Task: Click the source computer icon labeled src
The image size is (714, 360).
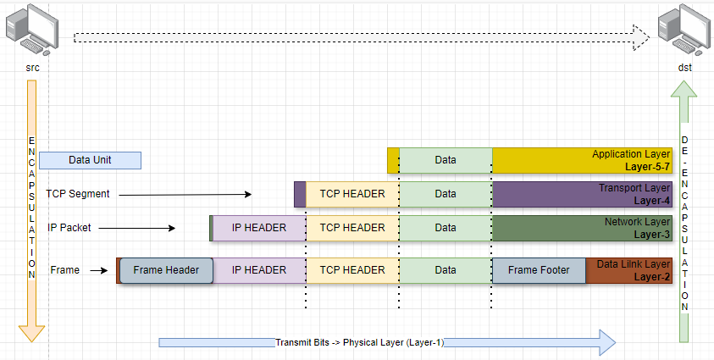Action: click(x=32, y=29)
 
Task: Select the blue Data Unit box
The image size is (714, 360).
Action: click(x=90, y=160)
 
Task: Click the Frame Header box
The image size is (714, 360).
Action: click(x=166, y=270)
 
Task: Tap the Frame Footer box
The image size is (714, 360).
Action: click(x=539, y=270)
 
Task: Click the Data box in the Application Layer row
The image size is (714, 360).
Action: click(x=446, y=160)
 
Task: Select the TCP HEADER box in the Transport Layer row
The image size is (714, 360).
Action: click(x=352, y=194)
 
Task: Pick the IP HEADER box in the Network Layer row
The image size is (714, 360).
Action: click(x=259, y=228)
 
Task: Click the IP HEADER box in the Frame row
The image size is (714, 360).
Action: click(x=259, y=270)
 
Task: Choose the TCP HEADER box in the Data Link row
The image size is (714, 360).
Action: click(x=352, y=270)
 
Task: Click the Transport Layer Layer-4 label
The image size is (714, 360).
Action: click(x=634, y=194)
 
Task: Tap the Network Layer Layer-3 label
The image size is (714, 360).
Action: click(x=634, y=228)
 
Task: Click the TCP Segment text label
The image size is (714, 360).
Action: click(x=78, y=194)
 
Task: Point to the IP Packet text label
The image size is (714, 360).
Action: click(x=69, y=228)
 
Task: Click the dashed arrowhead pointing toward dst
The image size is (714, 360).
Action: click(x=641, y=37)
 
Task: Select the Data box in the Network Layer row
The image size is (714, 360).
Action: click(x=446, y=228)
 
